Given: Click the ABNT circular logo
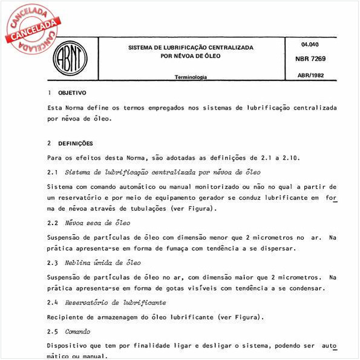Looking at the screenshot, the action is tap(70, 59).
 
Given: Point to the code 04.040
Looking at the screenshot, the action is tap(309, 44).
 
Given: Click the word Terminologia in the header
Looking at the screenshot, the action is tap(191, 77).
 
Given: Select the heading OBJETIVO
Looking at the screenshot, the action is tap(72, 93).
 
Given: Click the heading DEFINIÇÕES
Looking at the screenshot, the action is tap(76, 143).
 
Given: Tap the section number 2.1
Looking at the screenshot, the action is tap(52, 172).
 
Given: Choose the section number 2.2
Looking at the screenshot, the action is tap(52, 223).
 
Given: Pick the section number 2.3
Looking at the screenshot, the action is tap(52, 263).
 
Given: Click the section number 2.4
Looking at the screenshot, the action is tap(52, 302).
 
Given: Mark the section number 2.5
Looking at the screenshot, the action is tap(52, 331).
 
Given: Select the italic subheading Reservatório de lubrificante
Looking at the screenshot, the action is tap(115, 302).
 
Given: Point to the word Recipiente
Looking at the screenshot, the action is tap(67, 316).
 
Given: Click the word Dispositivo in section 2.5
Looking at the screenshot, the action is tap(70, 345).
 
